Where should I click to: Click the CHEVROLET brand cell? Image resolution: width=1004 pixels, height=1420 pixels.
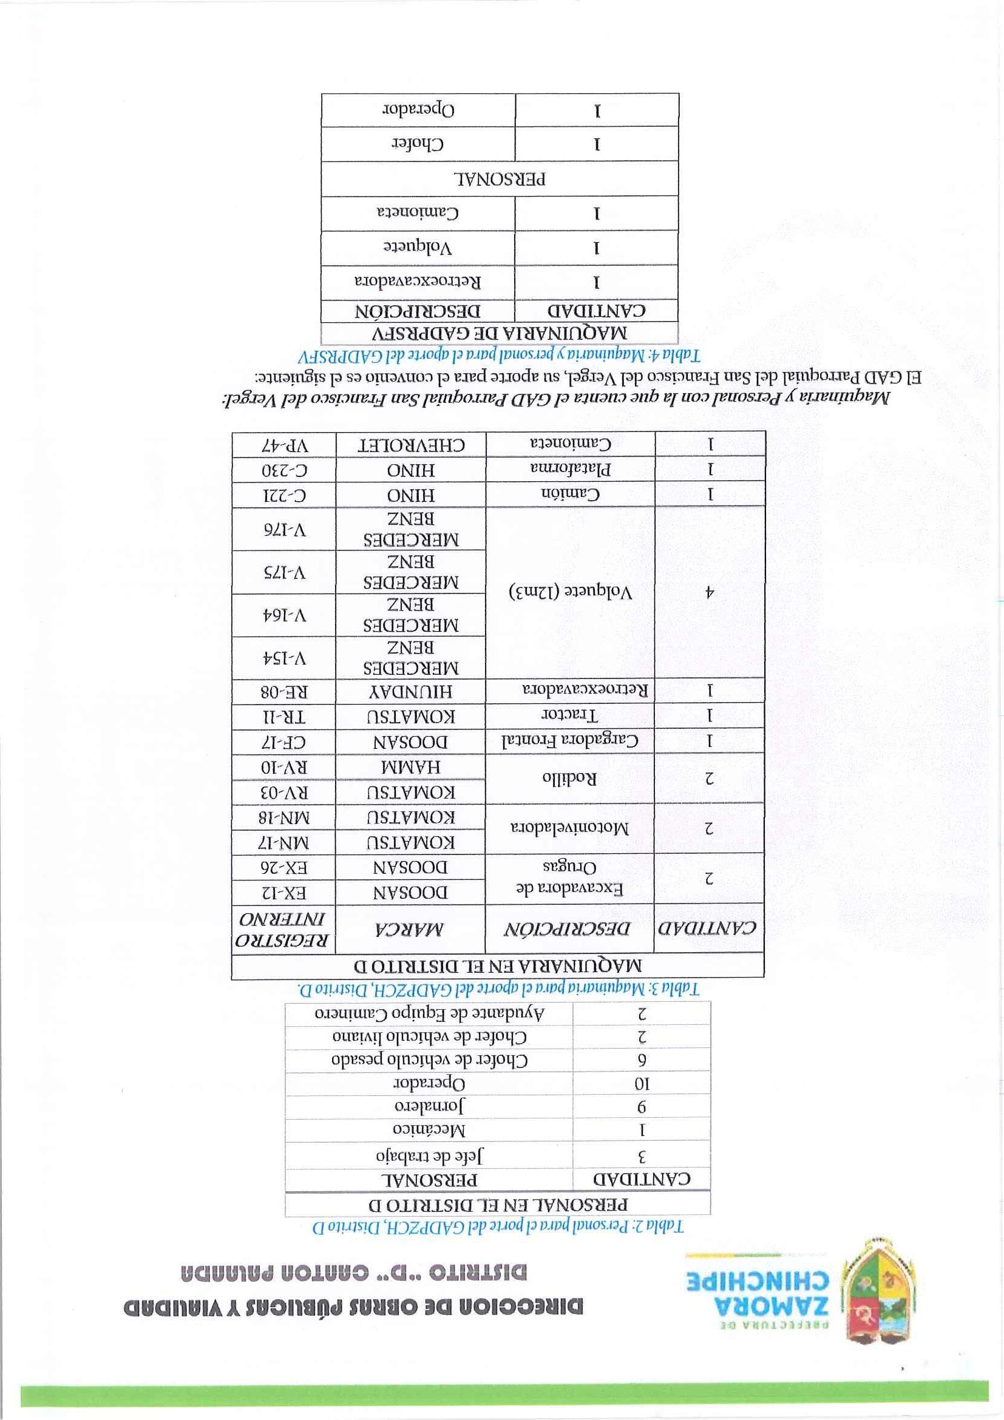411,445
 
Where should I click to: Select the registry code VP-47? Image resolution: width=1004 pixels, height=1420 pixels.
284,445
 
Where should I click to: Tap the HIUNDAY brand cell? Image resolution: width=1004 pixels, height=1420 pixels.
411,691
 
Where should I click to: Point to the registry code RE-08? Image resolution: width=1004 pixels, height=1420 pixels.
284,691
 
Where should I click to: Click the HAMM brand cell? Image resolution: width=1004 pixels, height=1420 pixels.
411,768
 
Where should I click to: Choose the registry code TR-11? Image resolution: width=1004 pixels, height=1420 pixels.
284,717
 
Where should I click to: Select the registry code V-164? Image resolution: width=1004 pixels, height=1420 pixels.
284,615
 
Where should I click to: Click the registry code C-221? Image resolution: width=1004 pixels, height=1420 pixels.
284,495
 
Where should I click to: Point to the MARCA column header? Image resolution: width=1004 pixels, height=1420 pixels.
411,928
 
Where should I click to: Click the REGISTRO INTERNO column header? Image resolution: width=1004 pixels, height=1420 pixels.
284,928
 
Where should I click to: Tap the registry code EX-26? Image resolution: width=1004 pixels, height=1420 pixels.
284,867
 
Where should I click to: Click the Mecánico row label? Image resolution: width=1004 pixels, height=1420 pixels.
429,1130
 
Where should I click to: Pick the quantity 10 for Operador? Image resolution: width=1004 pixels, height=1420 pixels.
642,1084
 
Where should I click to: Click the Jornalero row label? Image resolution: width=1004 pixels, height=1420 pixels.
429,1106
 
